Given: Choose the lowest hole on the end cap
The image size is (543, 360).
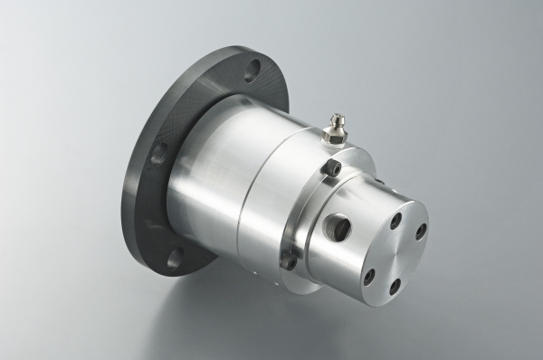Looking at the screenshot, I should click(x=395, y=287).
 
